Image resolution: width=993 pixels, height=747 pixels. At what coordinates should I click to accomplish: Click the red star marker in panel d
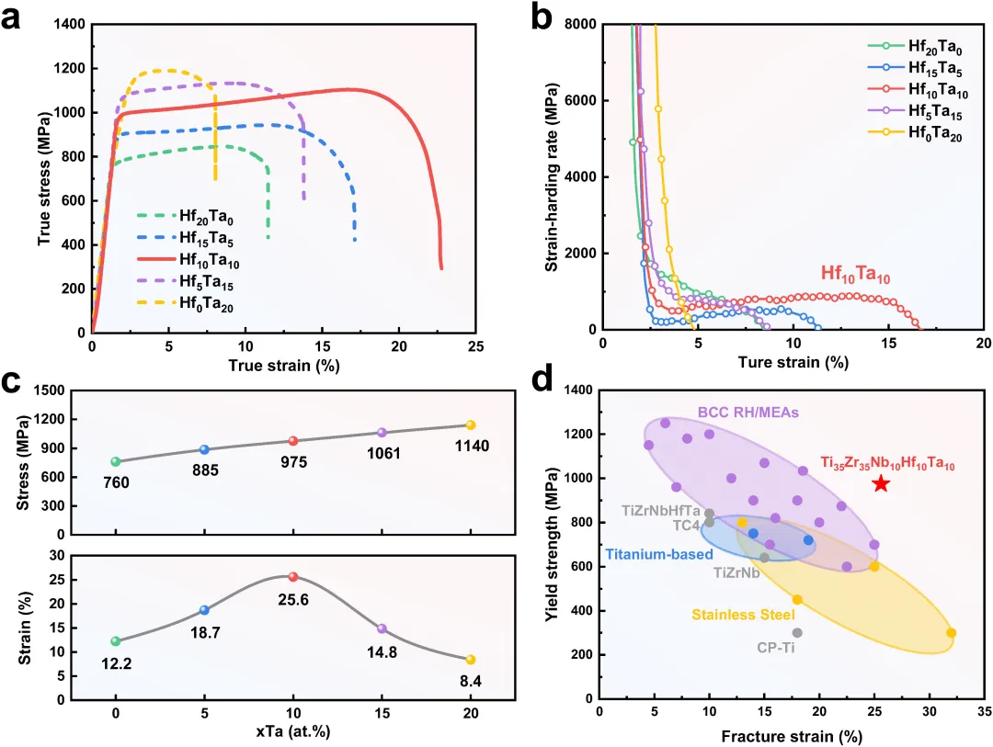[x=881, y=484]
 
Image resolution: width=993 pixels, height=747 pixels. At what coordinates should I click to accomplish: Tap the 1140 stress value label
[x=470, y=446]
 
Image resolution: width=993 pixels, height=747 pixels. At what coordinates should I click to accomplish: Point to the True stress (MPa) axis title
[x=44, y=178]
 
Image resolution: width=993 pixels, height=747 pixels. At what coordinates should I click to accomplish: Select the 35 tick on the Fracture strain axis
[x=984, y=710]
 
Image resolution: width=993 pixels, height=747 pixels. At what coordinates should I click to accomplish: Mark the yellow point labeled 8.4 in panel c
[x=471, y=660]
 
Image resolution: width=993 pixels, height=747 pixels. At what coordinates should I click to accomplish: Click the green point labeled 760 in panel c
[x=116, y=461]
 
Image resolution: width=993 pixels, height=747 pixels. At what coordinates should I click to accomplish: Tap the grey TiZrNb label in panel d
[x=736, y=572]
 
